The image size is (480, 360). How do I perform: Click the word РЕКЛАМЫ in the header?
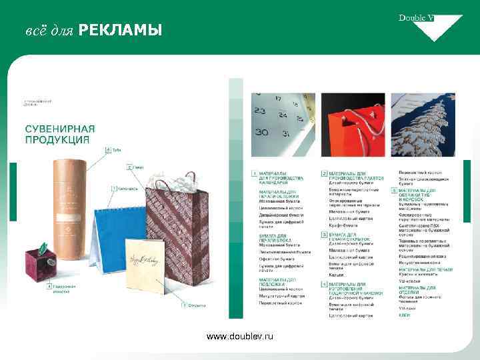tap(120, 31)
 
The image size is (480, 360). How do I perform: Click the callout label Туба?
tap(116, 150)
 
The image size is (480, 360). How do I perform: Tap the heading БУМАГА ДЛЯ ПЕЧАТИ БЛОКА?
tap(273, 238)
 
